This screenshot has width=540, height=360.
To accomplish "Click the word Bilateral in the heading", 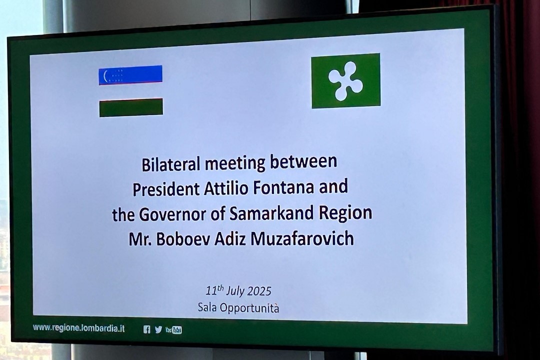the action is pyautogui.click(x=171, y=164).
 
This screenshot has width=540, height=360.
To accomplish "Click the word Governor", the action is pyautogui.click(x=172, y=214).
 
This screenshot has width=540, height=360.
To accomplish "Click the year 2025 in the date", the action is pyautogui.click(x=259, y=291).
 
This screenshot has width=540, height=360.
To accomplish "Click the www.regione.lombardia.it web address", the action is pyautogui.click(x=79, y=328).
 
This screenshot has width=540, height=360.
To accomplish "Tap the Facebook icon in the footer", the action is pyautogui.click(x=146, y=329).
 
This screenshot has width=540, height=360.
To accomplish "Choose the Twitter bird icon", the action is pyautogui.click(x=158, y=329).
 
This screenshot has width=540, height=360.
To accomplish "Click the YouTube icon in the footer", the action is pyautogui.click(x=173, y=330).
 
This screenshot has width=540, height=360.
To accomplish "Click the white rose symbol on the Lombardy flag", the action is pyautogui.click(x=345, y=81).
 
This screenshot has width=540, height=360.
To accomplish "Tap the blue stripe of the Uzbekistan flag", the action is pyautogui.click(x=130, y=74).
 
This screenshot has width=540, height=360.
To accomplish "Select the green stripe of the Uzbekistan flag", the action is pyautogui.click(x=131, y=108).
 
